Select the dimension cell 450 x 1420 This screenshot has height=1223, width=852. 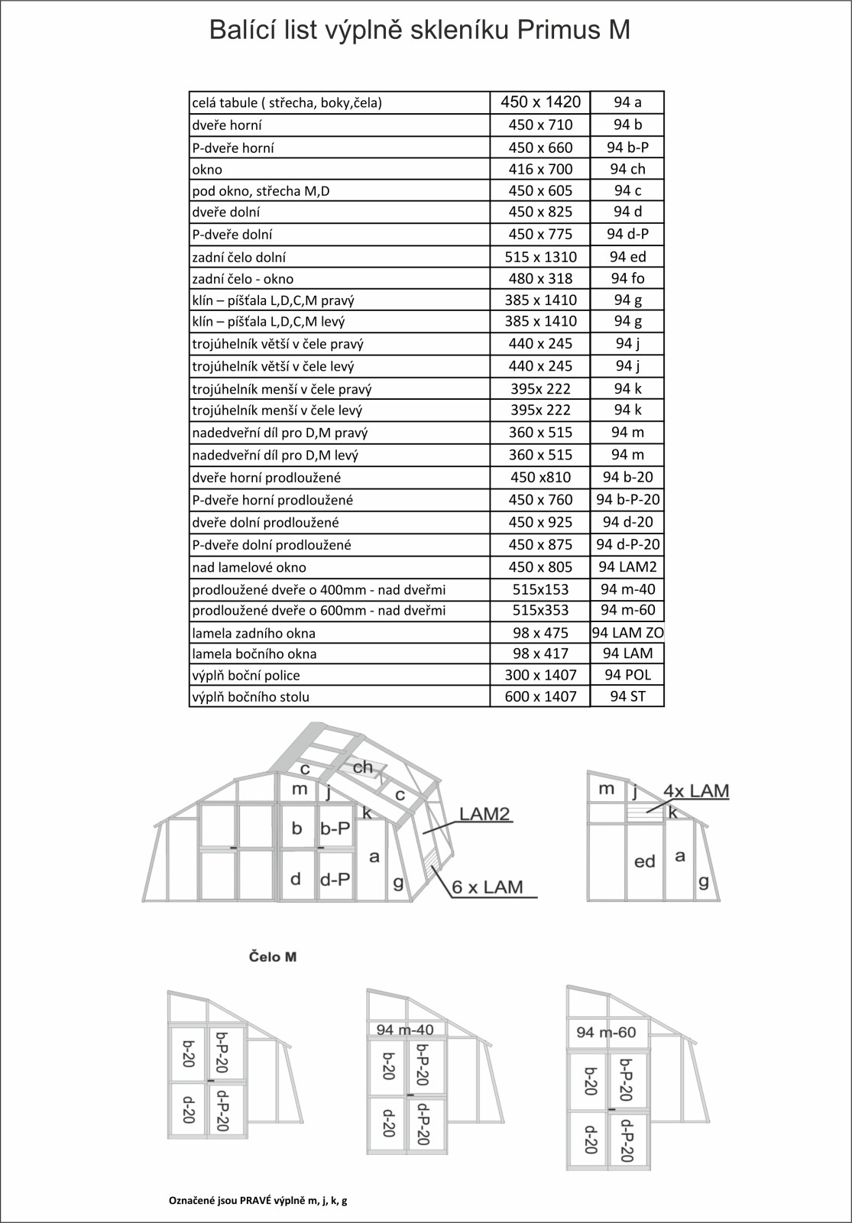(x=540, y=102)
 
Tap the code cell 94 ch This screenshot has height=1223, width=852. (x=627, y=169)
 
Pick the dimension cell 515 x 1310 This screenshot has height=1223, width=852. (x=540, y=257)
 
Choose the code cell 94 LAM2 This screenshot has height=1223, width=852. (x=627, y=566)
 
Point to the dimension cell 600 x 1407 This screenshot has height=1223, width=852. (x=540, y=696)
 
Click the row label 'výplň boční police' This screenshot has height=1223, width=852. (x=246, y=676)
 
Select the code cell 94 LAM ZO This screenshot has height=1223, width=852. (x=627, y=632)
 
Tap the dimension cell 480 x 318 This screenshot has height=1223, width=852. (x=540, y=278)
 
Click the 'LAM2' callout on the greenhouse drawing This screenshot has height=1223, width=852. (x=484, y=813)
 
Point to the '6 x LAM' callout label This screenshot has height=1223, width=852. (x=488, y=887)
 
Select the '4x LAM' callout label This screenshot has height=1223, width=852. (x=695, y=790)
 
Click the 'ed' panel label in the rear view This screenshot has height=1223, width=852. (x=645, y=861)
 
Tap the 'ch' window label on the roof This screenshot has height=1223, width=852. (x=363, y=767)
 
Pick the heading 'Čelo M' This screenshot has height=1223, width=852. (x=273, y=956)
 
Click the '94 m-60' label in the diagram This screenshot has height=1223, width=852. (x=606, y=1033)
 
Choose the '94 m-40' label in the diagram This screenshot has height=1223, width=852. (x=405, y=1030)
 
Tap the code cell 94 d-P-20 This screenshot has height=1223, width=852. (x=627, y=544)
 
